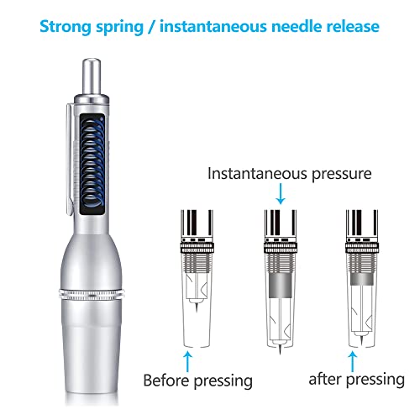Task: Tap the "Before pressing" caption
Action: click(197, 381)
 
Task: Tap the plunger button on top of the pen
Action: click(92, 71)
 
